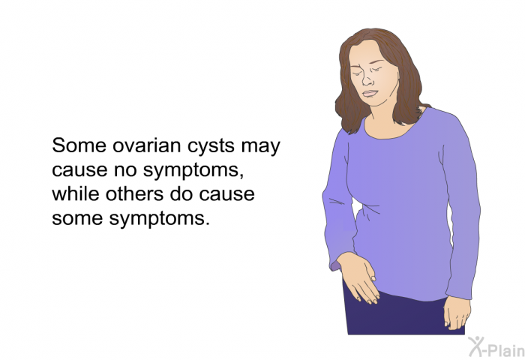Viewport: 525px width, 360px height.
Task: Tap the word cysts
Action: click(211, 147)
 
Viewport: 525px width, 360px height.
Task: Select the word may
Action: click(260, 147)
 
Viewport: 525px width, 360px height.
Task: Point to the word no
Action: click(125, 171)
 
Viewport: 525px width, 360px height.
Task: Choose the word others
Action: click(134, 194)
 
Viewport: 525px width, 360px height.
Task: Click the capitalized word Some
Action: click(79, 145)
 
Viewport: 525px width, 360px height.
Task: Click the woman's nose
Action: click(367, 79)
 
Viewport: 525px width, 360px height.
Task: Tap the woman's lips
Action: click(370, 94)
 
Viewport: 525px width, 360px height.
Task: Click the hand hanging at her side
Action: click(457, 312)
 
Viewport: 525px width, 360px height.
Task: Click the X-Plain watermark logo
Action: click(496, 347)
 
